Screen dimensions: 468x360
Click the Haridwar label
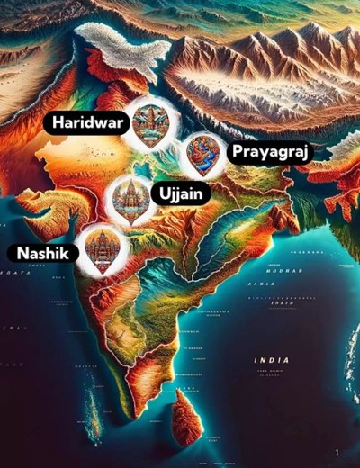point(87,122)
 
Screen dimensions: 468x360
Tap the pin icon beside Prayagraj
point(202,154)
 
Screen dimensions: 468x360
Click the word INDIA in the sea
point(271,360)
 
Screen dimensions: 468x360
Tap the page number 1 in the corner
point(337,452)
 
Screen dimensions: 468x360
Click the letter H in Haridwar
point(58,122)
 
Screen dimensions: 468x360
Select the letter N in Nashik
point(15,254)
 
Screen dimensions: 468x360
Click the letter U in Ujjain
point(165,193)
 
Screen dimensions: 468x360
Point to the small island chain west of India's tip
point(91,414)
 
